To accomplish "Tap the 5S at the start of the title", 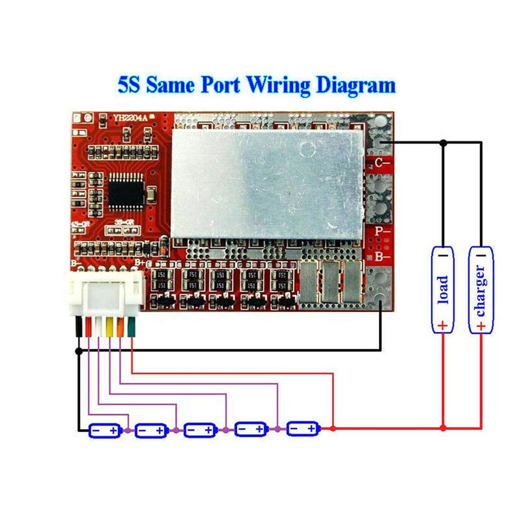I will tap(131, 85).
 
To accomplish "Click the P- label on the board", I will tap(382, 231).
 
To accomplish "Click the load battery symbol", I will tap(443, 289).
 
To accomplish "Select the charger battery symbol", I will tap(481, 289).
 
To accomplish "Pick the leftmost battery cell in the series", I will tap(105, 430).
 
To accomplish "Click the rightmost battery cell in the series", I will tap(303, 429).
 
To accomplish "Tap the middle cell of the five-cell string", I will tap(201, 430).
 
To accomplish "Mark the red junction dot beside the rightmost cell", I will tap(333, 429).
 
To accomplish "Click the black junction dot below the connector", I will tap(78, 350).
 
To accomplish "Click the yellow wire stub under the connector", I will tap(109, 328).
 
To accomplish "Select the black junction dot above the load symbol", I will tap(443, 141).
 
